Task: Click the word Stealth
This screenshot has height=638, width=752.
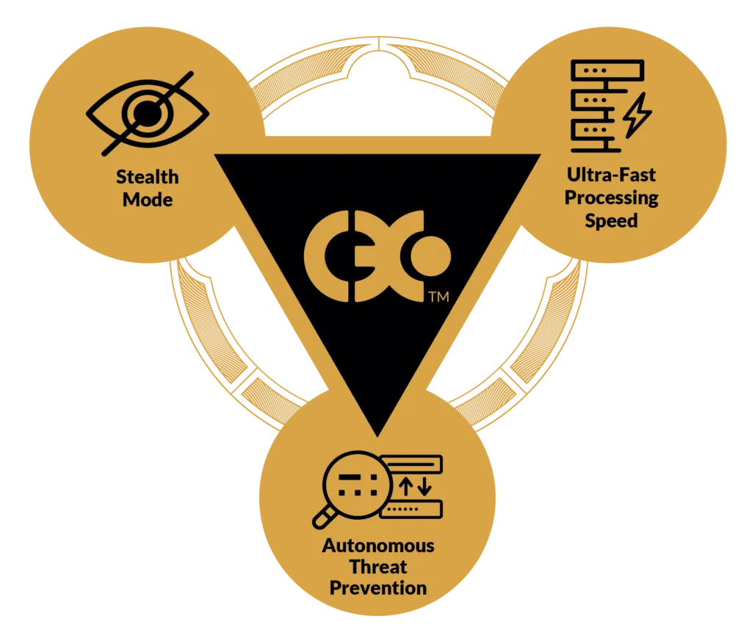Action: tap(147, 177)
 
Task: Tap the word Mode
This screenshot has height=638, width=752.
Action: tap(148, 200)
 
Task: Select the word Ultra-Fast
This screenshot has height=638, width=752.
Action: tap(611, 175)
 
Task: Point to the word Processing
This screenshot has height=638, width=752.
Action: tap(612, 198)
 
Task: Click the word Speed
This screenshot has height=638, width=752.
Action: tap(612, 221)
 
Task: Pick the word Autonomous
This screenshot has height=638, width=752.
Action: tap(378, 545)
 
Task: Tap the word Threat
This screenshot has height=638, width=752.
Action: tap(378, 567)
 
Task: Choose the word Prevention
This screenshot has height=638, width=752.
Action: tap(378, 588)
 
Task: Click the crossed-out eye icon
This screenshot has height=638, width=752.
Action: tap(148, 114)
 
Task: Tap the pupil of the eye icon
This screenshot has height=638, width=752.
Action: tap(147, 114)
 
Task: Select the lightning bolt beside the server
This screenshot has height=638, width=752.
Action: tap(637, 115)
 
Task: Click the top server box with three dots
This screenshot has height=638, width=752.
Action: tap(607, 70)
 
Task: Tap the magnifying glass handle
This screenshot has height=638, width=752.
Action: tap(324, 518)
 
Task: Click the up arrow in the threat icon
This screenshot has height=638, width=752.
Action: tap(406, 487)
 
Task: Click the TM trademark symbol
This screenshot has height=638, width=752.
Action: tap(439, 297)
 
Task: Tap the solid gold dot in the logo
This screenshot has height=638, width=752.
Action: tap(430, 256)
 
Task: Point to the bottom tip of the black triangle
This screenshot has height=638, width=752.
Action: tap(378, 436)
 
